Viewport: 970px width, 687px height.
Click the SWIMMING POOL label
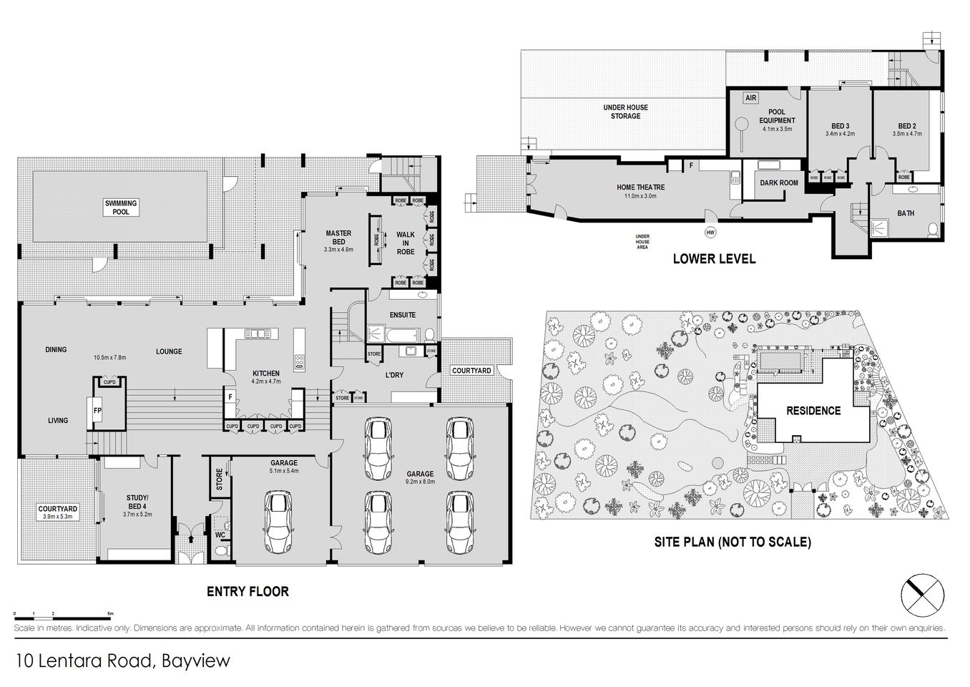pos(121,208)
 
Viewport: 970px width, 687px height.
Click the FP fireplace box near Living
pos(97,411)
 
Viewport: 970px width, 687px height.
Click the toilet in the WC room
pos(221,549)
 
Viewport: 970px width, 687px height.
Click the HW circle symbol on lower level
pos(710,233)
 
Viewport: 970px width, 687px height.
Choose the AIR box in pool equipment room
pos(750,97)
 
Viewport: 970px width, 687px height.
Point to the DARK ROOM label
pos(778,183)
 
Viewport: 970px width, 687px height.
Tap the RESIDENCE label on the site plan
pos(813,411)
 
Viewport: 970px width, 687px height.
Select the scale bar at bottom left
pos(62,615)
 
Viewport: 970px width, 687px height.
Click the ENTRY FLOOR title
pos(248,592)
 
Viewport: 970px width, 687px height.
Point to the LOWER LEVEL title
pos(713,259)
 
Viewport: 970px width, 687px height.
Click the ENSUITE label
pos(403,315)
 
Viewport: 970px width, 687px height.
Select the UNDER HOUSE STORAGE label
pos(625,112)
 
